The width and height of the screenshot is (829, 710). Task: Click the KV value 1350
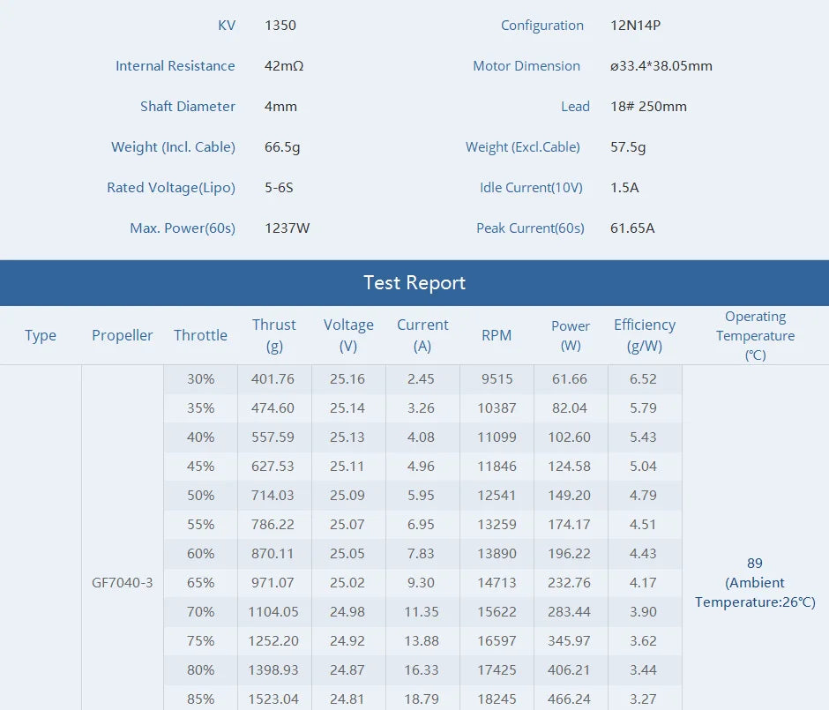(x=280, y=26)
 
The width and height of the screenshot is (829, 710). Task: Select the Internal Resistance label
(x=175, y=66)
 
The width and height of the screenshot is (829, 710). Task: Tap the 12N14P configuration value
(x=635, y=26)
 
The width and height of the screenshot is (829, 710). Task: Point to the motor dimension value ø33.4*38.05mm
(x=661, y=66)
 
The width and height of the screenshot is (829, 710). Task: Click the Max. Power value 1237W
(x=287, y=228)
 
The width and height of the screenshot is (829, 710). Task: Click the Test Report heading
(x=414, y=283)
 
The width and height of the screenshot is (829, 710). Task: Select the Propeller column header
(x=122, y=335)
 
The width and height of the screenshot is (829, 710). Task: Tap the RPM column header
(x=497, y=335)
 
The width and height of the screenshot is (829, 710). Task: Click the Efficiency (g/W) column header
(x=644, y=335)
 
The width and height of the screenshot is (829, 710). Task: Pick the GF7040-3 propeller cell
(x=122, y=583)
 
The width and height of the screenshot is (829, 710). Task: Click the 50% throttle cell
(x=200, y=496)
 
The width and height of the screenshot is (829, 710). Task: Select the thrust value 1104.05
(x=273, y=612)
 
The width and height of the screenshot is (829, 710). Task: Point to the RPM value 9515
(x=497, y=379)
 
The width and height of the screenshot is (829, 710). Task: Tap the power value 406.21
(x=570, y=670)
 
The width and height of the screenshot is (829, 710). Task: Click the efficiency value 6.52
(x=644, y=379)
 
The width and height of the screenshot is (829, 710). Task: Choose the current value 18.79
(x=422, y=699)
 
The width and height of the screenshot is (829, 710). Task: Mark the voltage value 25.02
(x=347, y=583)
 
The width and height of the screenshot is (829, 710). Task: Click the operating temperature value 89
(x=754, y=563)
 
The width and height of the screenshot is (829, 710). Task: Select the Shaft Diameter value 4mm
(x=280, y=107)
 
